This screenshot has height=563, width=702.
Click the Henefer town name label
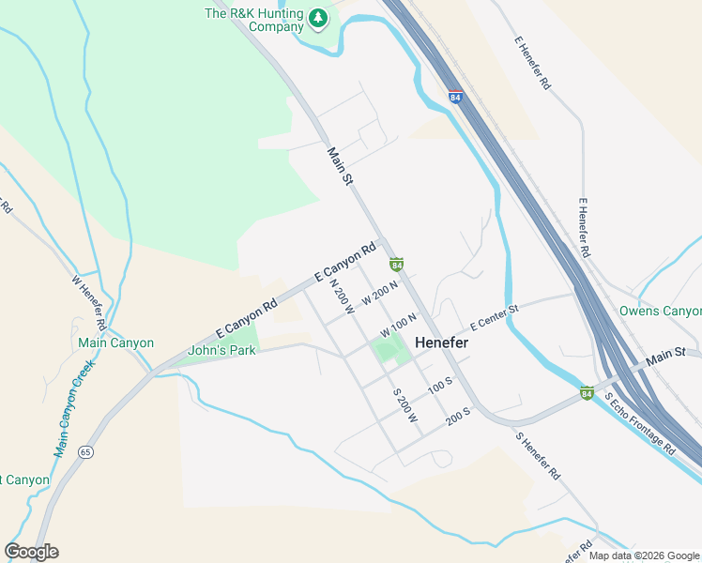coord(442,343)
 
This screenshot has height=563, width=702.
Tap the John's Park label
coord(222,351)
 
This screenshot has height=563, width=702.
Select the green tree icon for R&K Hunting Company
coord(319,16)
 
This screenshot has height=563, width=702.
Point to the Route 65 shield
coord(85,451)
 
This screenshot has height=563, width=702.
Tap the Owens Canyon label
coord(660,311)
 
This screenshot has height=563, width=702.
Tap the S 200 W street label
coord(404,405)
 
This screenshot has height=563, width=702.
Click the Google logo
coord(32,552)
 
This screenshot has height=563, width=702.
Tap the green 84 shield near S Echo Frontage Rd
coord(587,392)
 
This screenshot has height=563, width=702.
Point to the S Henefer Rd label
coord(538,454)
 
